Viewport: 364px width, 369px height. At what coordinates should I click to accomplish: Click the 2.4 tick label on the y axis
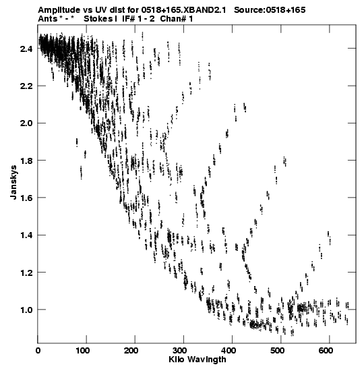pyautogui.click(x=26, y=49)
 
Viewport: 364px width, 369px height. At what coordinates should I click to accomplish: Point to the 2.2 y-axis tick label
pyautogui.click(x=26, y=86)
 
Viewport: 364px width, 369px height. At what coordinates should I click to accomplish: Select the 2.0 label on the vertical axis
pyautogui.click(x=26, y=123)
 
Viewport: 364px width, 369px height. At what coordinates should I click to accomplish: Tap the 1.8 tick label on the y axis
pyautogui.click(x=26, y=161)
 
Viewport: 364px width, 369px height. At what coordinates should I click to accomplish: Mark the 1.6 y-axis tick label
pyautogui.click(x=26, y=198)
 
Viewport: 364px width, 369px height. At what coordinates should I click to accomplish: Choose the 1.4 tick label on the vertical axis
pyautogui.click(x=26, y=235)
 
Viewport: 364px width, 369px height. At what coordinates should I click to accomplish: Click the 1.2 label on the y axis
pyautogui.click(x=26, y=273)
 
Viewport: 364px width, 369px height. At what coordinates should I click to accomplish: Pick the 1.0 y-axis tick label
pyautogui.click(x=26, y=310)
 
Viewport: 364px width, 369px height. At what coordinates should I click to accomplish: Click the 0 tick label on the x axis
pyautogui.click(x=38, y=351)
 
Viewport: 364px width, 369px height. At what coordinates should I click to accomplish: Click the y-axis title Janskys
pyautogui.click(x=13, y=182)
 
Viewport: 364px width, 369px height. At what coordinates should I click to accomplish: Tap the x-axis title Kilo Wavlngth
pyautogui.click(x=198, y=360)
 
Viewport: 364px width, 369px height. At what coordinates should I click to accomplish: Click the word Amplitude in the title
pyautogui.click(x=59, y=10)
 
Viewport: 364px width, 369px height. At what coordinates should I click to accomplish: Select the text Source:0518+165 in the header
pyautogui.click(x=270, y=10)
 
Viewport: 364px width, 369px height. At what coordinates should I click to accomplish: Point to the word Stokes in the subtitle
pyautogui.click(x=98, y=19)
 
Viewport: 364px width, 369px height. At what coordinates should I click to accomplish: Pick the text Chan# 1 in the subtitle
pyautogui.click(x=177, y=19)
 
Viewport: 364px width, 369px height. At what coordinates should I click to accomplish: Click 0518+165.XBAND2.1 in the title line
pyautogui.click(x=183, y=10)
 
